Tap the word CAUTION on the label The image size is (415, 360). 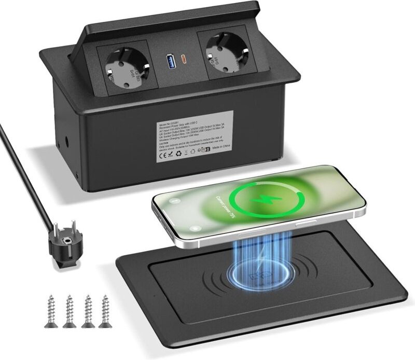click(x=164, y=142)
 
